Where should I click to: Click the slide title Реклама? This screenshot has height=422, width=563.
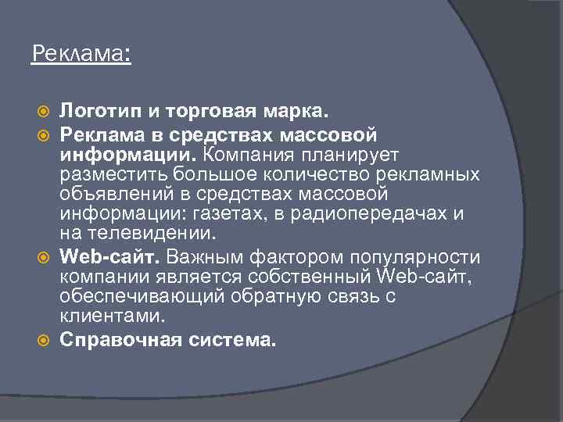pyautogui.click(x=81, y=54)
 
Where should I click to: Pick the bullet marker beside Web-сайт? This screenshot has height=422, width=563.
pyautogui.click(x=44, y=256)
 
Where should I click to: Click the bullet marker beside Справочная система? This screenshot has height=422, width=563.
pyautogui.click(x=44, y=341)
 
